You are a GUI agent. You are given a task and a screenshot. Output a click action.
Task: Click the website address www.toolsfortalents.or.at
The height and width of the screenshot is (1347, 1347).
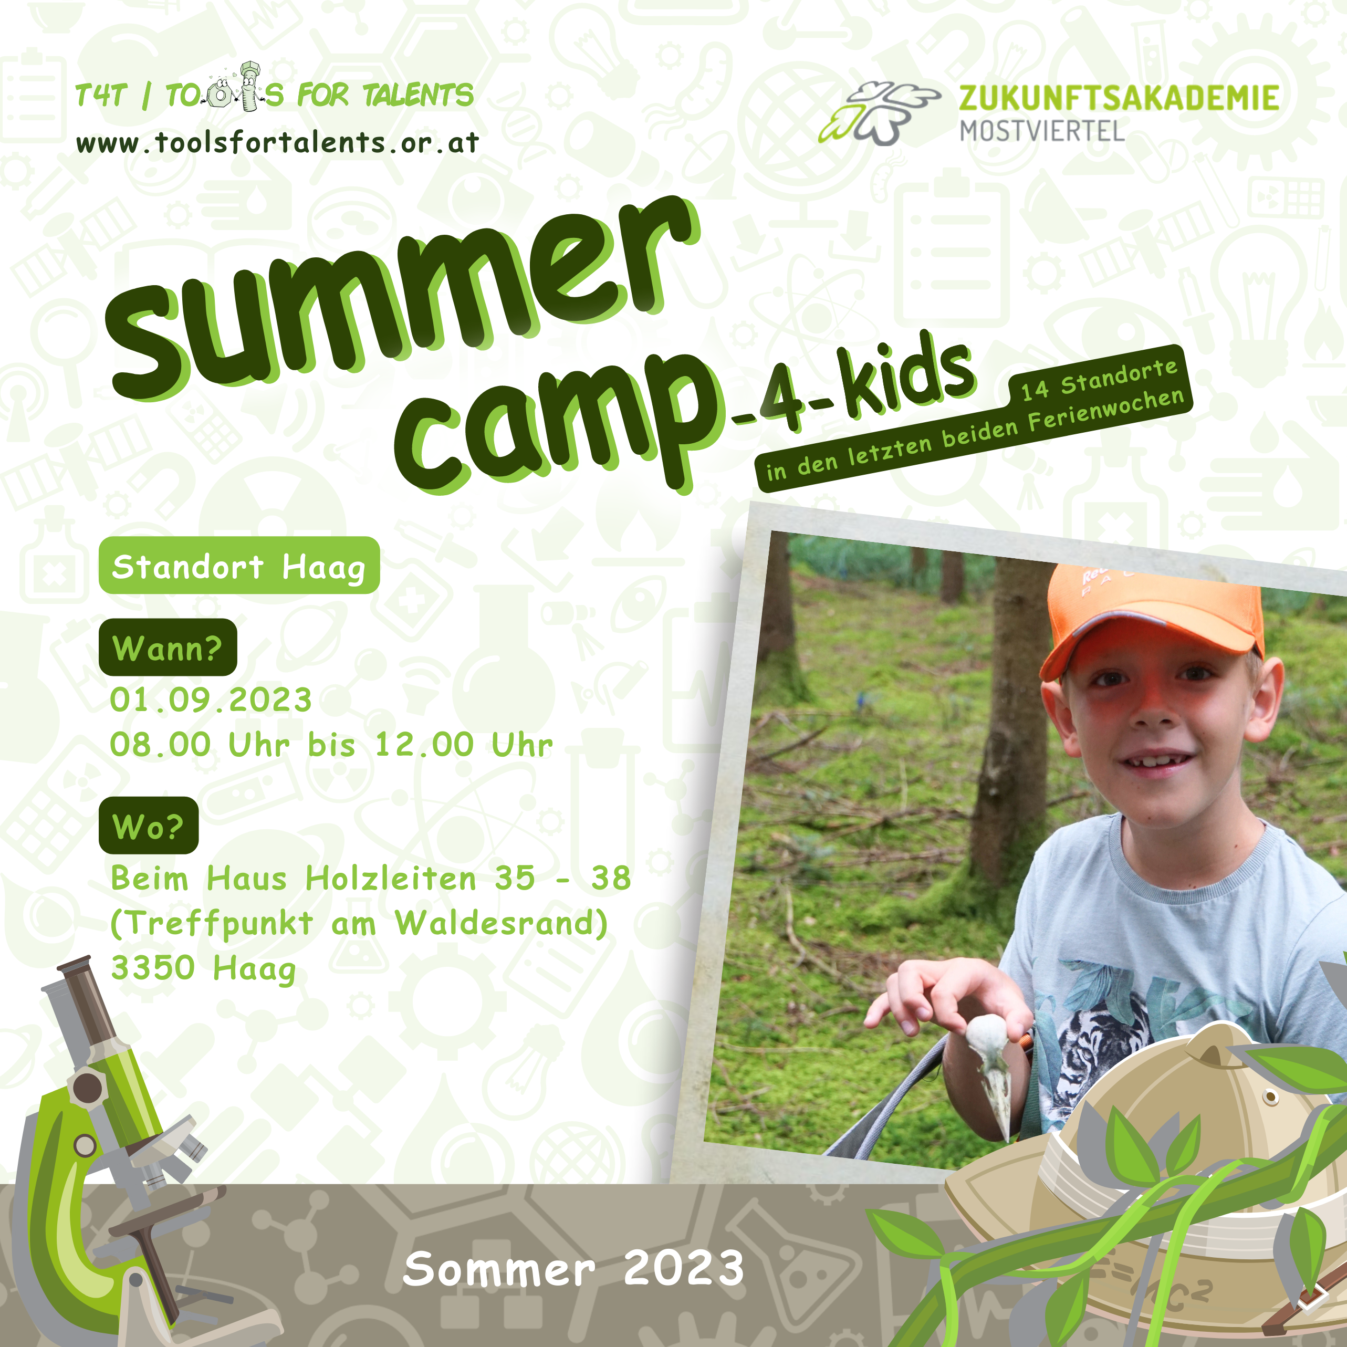coord(277,143)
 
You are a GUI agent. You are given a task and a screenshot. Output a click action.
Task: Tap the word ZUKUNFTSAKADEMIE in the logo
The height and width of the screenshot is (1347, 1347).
coord(1119,98)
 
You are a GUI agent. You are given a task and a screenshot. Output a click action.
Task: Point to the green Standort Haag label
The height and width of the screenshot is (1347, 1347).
coord(239,566)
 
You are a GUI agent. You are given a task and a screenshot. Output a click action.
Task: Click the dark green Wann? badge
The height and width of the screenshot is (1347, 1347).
coord(168,647)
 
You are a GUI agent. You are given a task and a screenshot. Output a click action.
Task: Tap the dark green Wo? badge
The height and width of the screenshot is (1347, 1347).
coord(149,826)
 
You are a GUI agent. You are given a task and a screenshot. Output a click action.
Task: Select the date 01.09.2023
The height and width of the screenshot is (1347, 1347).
coord(211,700)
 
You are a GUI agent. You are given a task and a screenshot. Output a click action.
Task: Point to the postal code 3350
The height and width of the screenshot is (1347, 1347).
coord(153,968)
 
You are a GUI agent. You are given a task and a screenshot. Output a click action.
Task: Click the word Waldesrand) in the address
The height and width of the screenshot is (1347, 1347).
coord(502,924)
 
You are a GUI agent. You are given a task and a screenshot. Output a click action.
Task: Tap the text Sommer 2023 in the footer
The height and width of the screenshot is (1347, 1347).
coord(573,1268)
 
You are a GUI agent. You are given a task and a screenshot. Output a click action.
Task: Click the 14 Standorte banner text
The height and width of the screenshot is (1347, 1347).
coord(1100,380)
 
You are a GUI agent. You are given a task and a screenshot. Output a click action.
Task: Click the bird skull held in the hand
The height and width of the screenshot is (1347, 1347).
coord(990,1070)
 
